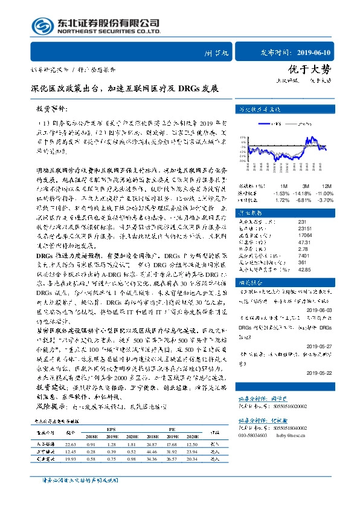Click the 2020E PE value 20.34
tap(193, 459)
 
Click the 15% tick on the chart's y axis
tap(242, 138)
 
